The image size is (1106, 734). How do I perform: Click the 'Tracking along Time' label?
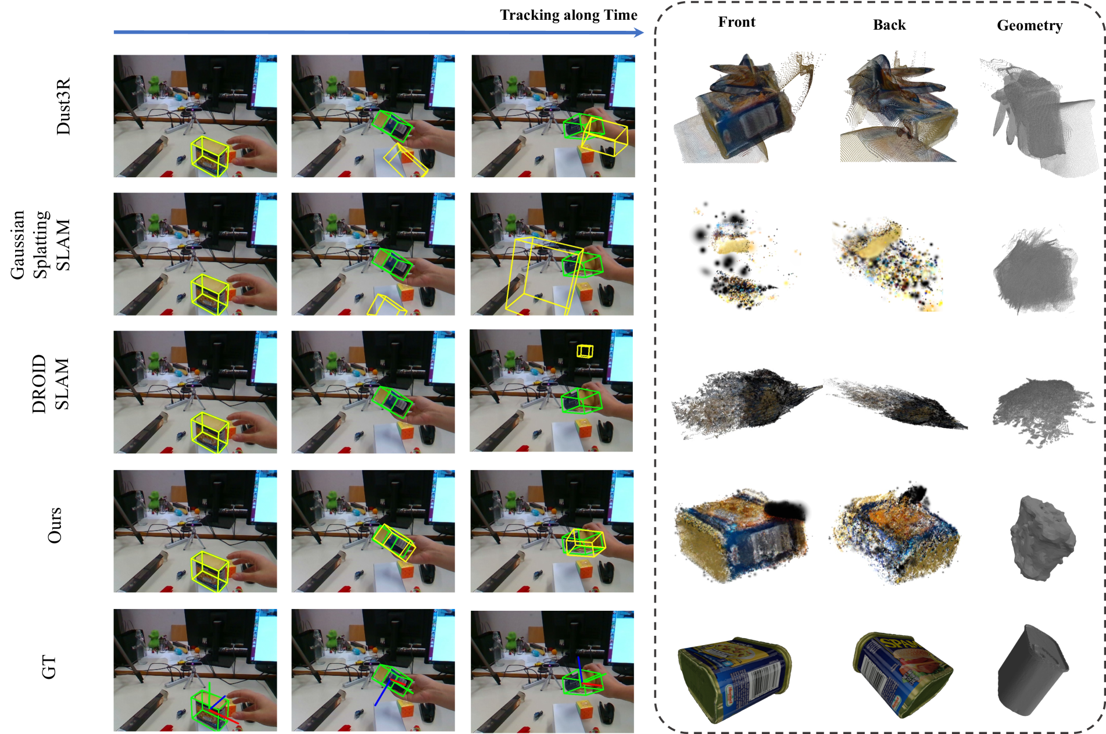pos(568,15)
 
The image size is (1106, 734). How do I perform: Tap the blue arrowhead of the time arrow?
pos(639,32)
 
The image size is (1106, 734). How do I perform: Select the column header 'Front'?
pos(736,22)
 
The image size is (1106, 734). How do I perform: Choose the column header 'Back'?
pos(889,25)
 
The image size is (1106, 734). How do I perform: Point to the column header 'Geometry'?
pos(1029,26)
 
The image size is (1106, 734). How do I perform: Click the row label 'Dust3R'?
pos(63,106)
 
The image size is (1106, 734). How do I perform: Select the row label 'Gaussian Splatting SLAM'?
pos(40,245)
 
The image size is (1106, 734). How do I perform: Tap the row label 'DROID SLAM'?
pos(51,384)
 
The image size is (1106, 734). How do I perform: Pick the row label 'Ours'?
pos(54,525)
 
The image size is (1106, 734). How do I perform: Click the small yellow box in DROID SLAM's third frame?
pos(585,351)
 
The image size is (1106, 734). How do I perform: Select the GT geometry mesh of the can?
pos(1032,670)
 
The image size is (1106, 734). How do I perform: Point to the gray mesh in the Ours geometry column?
pos(1042,538)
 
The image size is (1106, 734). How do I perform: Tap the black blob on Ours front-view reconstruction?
pos(785,510)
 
